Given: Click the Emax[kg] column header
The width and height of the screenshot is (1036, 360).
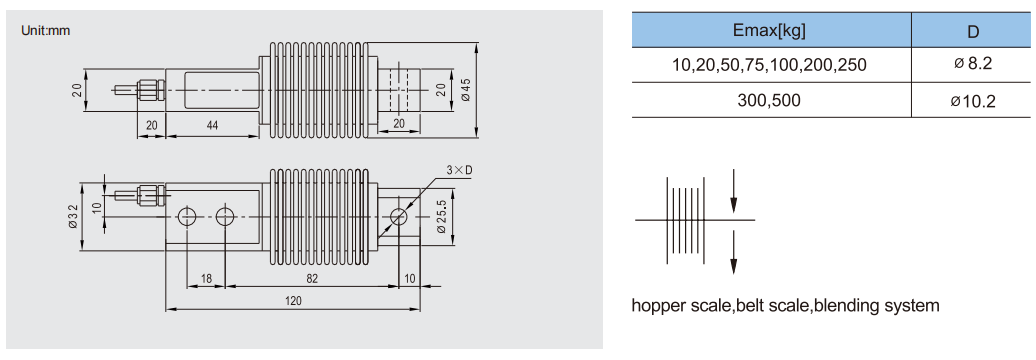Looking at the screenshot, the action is pos(770,30).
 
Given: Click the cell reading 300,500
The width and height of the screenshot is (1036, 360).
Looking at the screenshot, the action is pos(769,100).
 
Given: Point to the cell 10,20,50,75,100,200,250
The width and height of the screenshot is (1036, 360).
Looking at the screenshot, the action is pos(769,65).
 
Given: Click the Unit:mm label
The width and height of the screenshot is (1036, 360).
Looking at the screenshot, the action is pos(46,30).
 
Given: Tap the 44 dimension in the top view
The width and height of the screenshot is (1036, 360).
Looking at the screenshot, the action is pos(211,124).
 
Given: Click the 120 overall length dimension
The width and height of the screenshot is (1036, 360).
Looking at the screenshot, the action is pos(293,301).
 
